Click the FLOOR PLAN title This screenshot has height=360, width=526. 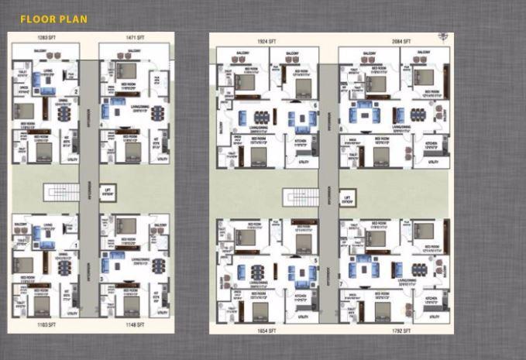click(53, 19)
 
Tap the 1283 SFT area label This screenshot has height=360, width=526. click(43, 37)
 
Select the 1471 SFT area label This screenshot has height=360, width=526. click(136, 37)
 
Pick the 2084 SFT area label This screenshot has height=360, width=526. click(401, 39)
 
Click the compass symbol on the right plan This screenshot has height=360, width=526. click(442, 36)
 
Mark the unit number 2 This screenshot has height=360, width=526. click(76, 91)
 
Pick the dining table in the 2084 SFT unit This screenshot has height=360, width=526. click(418, 113)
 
